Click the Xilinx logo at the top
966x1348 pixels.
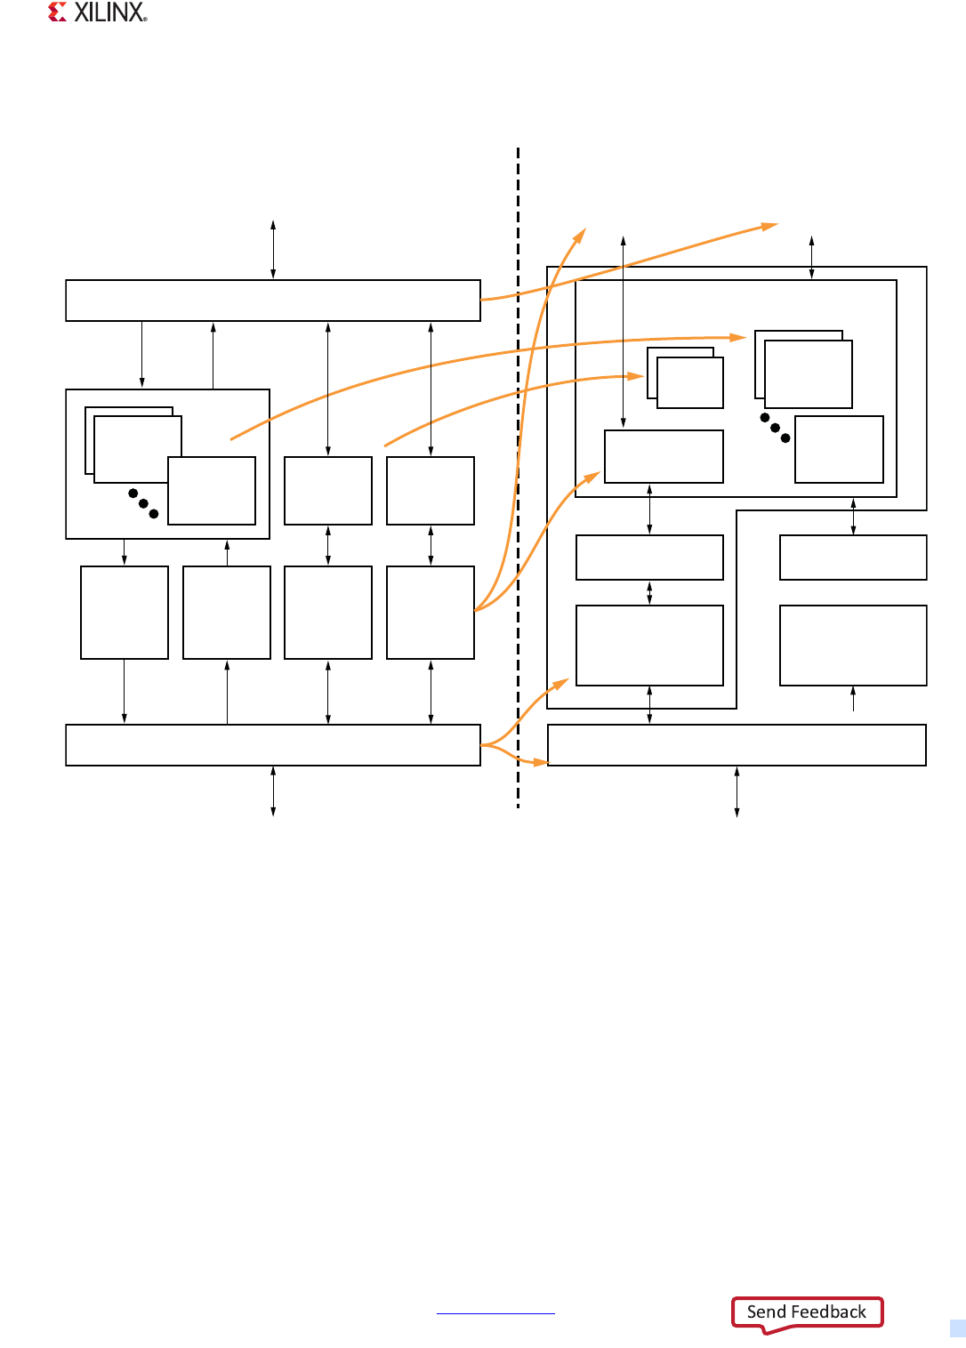(98, 12)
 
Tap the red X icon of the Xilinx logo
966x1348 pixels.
(58, 12)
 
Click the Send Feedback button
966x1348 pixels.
(807, 1312)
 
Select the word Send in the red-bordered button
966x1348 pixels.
(766, 1312)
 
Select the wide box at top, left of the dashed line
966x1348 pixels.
(273, 301)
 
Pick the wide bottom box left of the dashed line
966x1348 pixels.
(273, 745)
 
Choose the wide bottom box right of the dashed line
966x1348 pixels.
(737, 745)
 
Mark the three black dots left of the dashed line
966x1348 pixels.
(143, 503)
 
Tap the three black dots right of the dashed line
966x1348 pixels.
(775, 428)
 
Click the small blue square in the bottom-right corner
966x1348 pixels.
(957, 1328)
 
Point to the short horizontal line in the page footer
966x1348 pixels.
(495, 1313)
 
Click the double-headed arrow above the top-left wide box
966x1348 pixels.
(273, 250)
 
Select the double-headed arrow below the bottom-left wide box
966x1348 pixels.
(273, 791)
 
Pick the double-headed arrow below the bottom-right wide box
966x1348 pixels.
(737, 791)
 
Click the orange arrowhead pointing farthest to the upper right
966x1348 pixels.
(769, 227)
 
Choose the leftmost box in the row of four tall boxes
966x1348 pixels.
(125, 613)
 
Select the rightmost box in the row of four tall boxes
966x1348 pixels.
(431, 613)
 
